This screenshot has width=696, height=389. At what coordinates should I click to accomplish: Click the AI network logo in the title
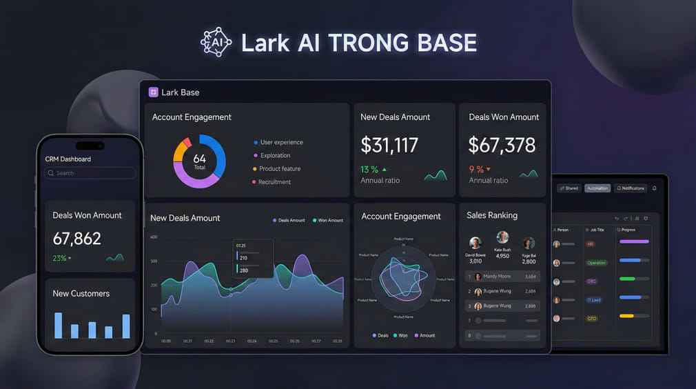click(216, 42)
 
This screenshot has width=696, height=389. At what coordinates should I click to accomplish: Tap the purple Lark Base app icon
click(153, 92)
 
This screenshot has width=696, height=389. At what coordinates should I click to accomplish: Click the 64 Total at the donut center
click(199, 161)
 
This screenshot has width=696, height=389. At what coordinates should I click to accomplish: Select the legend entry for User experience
click(278, 142)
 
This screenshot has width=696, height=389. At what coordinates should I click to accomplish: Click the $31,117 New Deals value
click(389, 145)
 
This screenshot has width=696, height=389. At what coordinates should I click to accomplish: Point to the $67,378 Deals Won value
click(502, 145)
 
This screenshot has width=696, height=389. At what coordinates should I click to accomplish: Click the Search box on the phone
click(90, 173)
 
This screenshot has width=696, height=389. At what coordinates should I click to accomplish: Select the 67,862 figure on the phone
click(77, 239)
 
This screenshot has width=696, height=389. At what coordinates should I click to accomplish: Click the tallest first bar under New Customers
click(59, 325)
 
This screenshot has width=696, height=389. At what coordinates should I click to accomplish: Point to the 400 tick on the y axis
click(154, 237)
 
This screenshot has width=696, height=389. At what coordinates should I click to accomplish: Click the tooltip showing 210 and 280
click(253, 259)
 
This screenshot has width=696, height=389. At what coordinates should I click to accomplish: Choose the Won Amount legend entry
click(327, 220)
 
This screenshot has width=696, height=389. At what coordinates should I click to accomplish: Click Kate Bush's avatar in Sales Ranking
click(502, 238)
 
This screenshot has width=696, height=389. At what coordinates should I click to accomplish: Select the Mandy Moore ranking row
click(502, 276)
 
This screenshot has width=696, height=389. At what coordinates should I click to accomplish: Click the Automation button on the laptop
click(597, 188)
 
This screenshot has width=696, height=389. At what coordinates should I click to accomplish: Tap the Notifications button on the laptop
click(631, 188)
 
